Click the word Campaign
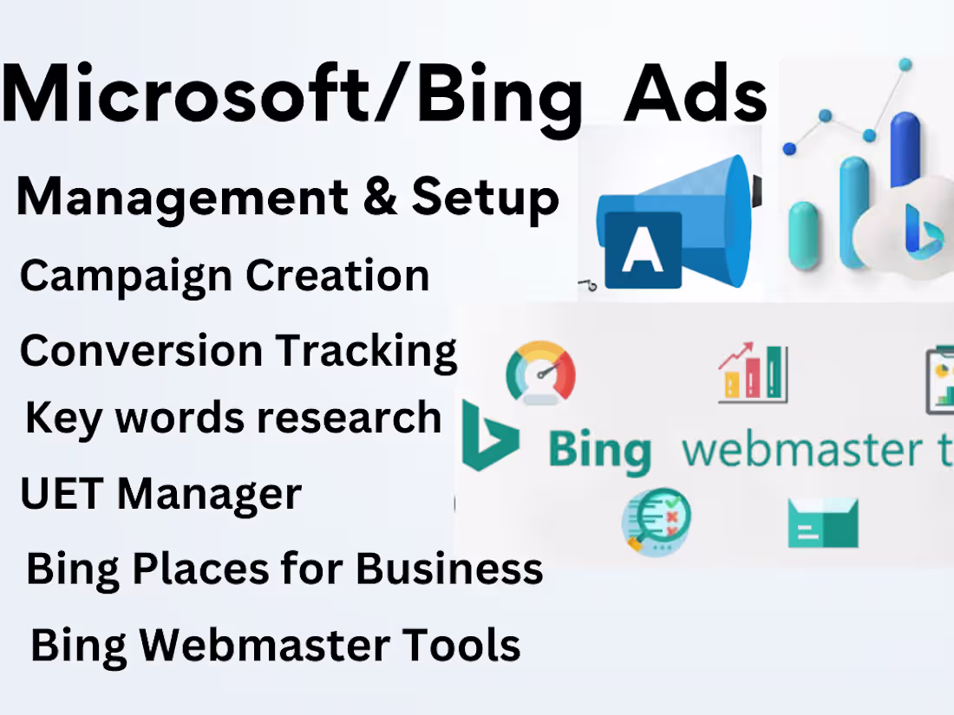(x=127, y=276)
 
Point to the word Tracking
(x=366, y=351)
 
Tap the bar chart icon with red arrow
(x=753, y=374)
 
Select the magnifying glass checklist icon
(x=656, y=521)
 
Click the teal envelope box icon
(x=822, y=523)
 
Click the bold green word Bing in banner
(x=598, y=451)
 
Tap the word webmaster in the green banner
(x=798, y=451)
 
